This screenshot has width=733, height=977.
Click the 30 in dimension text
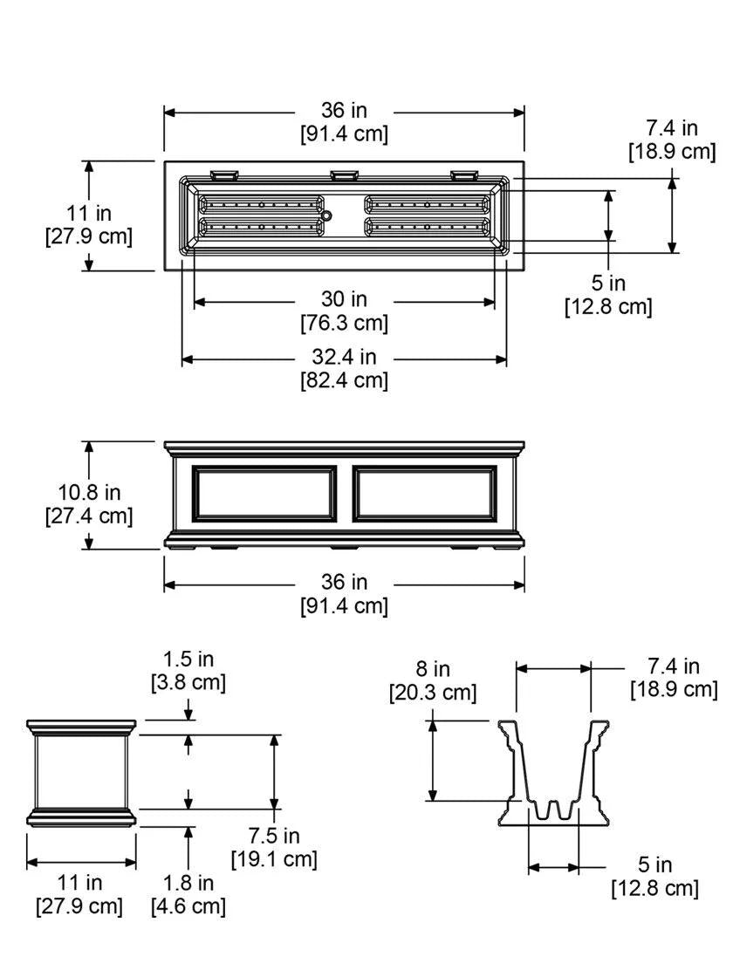344,299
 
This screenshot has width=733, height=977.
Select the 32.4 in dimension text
344,357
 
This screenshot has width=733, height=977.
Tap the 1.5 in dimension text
188,659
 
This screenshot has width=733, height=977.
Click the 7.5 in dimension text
273,837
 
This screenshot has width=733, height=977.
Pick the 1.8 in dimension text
188,883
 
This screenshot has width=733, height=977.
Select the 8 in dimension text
432,670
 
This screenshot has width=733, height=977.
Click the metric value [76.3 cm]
344,323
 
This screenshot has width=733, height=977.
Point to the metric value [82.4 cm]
344,380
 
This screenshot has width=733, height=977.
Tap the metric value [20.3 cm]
432,693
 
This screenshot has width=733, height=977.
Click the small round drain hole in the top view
326,215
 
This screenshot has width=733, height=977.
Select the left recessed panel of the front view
264,493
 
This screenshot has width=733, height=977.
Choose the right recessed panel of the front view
425,493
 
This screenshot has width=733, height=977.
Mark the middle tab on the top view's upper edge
344,174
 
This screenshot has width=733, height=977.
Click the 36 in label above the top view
344,111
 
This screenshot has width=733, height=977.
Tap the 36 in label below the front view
344,582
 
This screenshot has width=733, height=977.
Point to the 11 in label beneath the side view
80,883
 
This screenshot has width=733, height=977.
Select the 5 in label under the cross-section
654,865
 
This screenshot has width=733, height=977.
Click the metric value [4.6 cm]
188,906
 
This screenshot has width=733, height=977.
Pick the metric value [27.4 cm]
88,516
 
